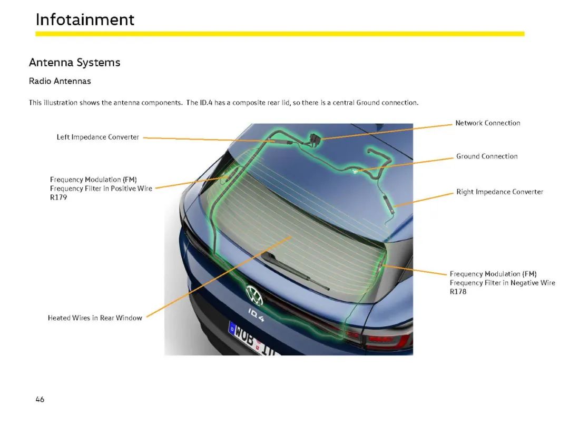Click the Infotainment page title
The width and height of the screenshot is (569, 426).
(85, 19)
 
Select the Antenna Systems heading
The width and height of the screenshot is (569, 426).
(75, 62)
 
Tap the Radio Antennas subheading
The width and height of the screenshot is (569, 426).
(60, 81)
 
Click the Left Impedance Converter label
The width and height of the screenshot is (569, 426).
(97, 137)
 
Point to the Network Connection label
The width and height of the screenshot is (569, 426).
(488, 123)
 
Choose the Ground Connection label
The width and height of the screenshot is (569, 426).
(487, 156)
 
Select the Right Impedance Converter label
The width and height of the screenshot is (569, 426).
(499, 192)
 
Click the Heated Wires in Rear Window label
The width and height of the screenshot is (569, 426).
(95, 318)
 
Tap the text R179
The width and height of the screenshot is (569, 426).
(58, 197)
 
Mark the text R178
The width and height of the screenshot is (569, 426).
(458, 292)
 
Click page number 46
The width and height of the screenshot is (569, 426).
(40, 399)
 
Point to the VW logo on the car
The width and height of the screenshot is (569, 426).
(254, 295)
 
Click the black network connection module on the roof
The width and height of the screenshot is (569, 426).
(315, 139)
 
